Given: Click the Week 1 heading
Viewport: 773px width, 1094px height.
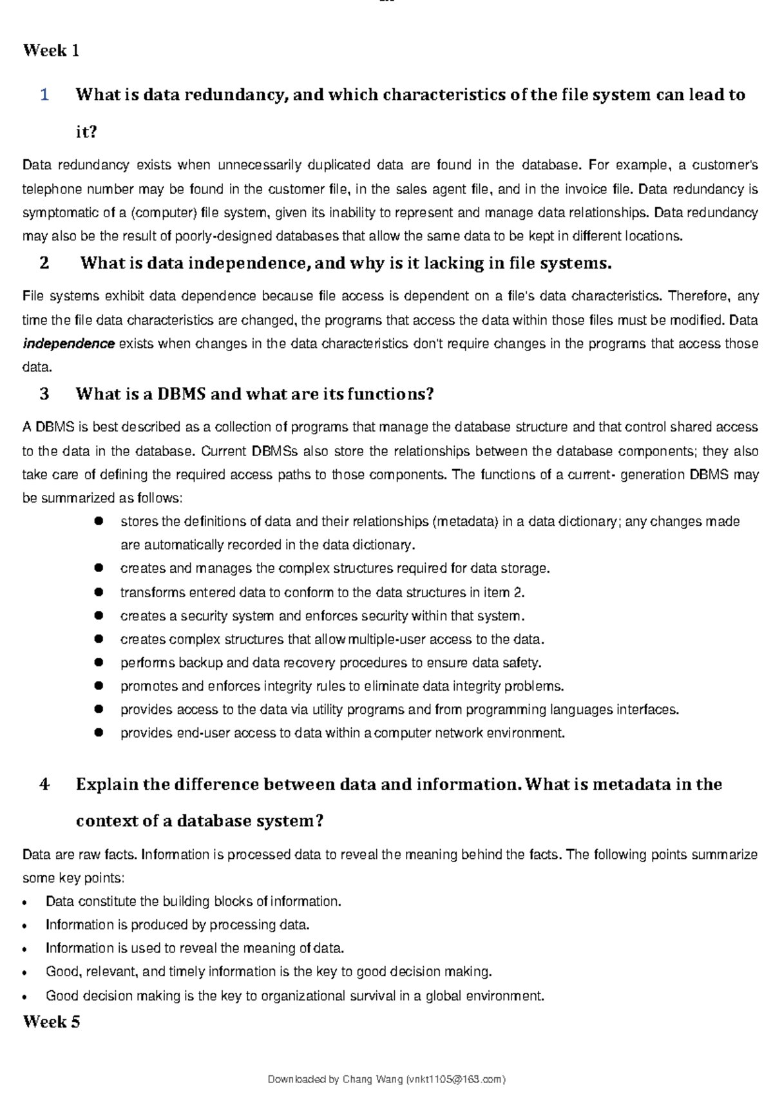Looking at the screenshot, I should [x=51, y=51].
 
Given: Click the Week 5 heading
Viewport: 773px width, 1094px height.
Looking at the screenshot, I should [x=52, y=1022].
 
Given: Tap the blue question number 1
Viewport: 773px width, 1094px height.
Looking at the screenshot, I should [x=44, y=95].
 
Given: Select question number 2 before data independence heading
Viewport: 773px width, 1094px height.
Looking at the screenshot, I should [x=44, y=264].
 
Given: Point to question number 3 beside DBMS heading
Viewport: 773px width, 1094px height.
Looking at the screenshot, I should [x=44, y=394].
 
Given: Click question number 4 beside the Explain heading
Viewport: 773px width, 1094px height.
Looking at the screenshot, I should [x=44, y=785].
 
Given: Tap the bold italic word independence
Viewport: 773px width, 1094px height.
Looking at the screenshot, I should [x=68, y=344].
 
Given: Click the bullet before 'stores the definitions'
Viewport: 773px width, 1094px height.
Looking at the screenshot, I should [x=99, y=521].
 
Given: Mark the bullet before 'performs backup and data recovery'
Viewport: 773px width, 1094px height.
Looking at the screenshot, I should [x=99, y=662].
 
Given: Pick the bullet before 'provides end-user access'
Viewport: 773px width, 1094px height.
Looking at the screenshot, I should [x=99, y=733].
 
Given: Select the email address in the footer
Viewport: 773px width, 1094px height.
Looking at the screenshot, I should [x=455, y=1079].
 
